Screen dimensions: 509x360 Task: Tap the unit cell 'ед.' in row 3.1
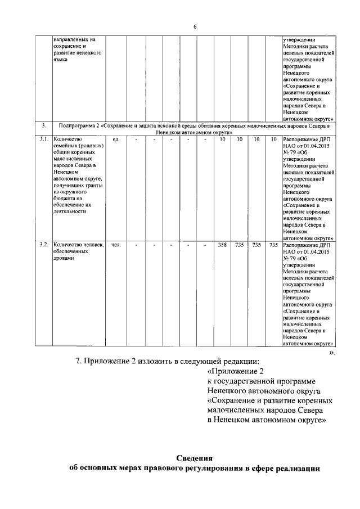pyautogui.click(x=116, y=139)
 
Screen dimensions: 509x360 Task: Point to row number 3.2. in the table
pyautogui.click(x=42, y=245)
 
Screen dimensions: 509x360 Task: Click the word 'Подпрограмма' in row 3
pyautogui.click(x=78, y=125)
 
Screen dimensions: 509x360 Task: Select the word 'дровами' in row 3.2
pyautogui.click(x=64, y=259)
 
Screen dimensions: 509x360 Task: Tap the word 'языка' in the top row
pyautogui.click(x=60, y=59)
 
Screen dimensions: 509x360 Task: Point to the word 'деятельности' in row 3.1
pyautogui.click(x=69, y=211)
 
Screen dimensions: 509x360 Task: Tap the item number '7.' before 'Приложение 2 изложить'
pyautogui.click(x=79, y=361)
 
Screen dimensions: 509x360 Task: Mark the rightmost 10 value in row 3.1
pyautogui.click(x=273, y=139)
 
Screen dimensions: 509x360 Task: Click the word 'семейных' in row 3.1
pyautogui.click(x=65, y=146)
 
